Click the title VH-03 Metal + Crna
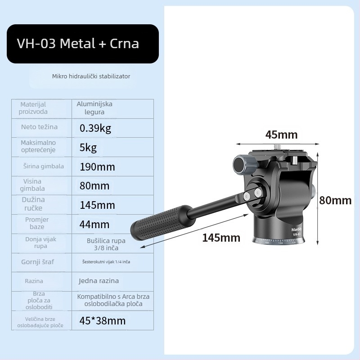click(78, 44)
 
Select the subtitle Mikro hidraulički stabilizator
click(91, 76)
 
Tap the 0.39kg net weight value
click(95, 128)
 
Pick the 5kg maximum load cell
click(88, 148)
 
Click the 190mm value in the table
click(97, 167)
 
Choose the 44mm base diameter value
click(94, 224)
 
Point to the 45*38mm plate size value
click(102, 321)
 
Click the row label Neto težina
click(39, 127)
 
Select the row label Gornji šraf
click(37, 261)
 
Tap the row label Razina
click(34, 281)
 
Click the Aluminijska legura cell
click(94, 108)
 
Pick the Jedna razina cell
click(99, 281)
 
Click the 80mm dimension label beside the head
click(335, 201)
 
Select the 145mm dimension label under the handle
click(221, 238)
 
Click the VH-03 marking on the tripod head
click(297, 234)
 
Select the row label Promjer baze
click(37, 223)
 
